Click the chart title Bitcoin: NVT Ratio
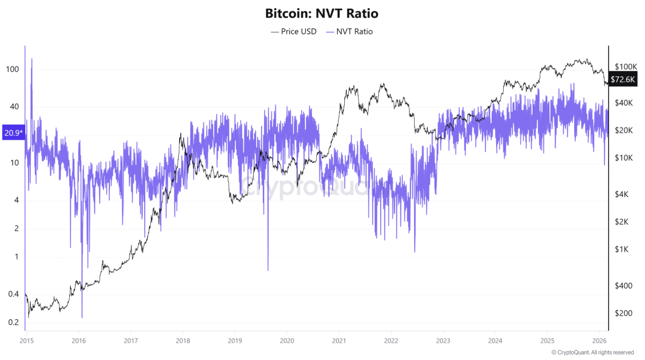[322, 14]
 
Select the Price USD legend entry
[294, 31]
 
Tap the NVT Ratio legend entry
[349, 31]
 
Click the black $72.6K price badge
[623, 79]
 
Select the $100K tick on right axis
[625, 66]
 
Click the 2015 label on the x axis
[26, 340]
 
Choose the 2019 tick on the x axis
[234, 340]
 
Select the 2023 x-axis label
[443, 340]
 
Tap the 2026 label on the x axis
[599, 340]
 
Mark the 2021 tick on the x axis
[339, 340]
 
